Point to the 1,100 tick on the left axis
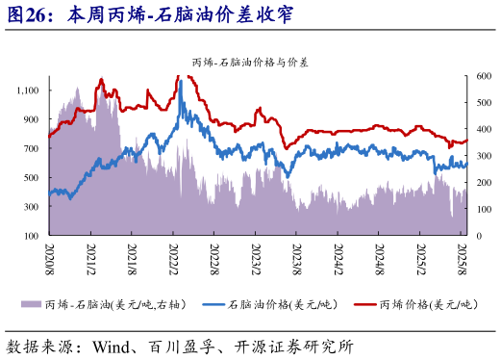27,90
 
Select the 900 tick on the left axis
32,119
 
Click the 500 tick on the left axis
32,177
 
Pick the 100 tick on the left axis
32,235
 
